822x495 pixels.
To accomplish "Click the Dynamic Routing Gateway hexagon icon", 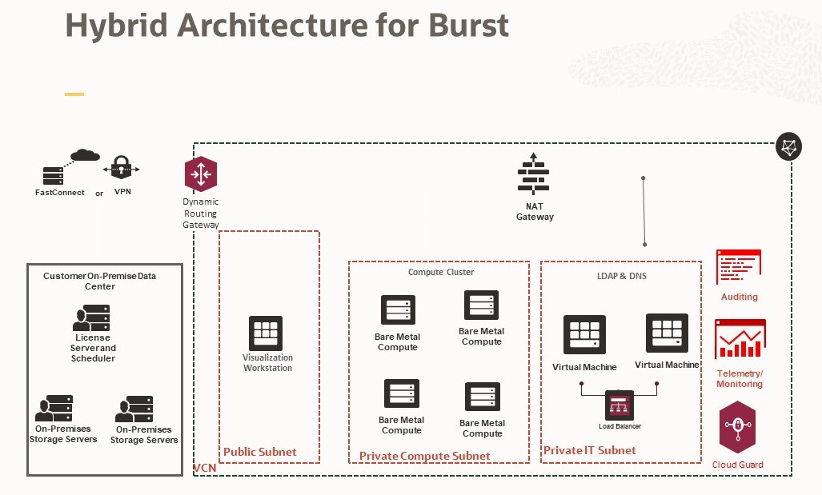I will pyautogui.click(x=200, y=174).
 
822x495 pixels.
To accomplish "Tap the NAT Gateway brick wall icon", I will pyautogui.click(x=533, y=174).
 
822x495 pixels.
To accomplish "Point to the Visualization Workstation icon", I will pyautogui.click(x=266, y=333).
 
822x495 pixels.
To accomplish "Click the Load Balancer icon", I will pyautogui.click(x=620, y=405).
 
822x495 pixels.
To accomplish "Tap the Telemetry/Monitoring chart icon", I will pyautogui.click(x=740, y=339).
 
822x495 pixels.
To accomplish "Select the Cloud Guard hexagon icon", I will pyautogui.click(x=737, y=427).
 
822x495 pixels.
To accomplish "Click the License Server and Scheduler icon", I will pyautogui.click(x=93, y=317).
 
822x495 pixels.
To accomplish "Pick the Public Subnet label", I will pyautogui.click(x=259, y=452).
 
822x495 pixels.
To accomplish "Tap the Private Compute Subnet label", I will pyautogui.click(x=424, y=456).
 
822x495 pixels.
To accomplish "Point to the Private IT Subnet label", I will pyautogui.click(x=589, y=450).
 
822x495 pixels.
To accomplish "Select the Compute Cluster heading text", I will pyautogui.click(x=440, y=272).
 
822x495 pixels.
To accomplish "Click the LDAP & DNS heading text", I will pyautogui.click(x=621, y=276).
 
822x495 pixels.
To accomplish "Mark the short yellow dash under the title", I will pyautogui.click(x=74, y=94).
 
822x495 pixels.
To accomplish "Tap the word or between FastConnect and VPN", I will pyautogui.click(x=99, y=193).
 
